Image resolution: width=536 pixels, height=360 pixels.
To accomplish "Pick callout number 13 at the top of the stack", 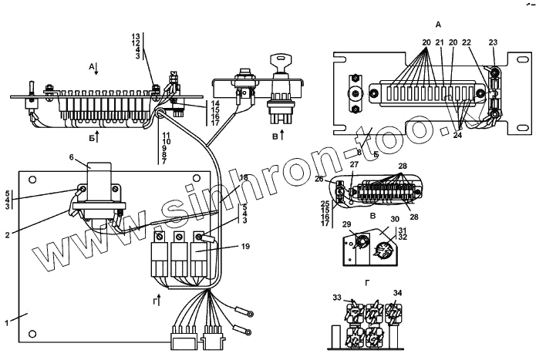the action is click(x=137, y=36).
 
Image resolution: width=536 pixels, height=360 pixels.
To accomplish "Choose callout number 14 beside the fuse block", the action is click(x=215, y=103).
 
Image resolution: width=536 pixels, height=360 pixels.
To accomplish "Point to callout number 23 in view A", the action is click(x=493, y=43).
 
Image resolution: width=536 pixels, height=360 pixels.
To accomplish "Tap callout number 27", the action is click(x=354, y=164).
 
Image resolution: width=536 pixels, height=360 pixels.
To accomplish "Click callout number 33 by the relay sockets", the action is click(x=337, y=297).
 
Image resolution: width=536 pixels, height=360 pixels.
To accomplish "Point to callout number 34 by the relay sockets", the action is click(x=398, y=293).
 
